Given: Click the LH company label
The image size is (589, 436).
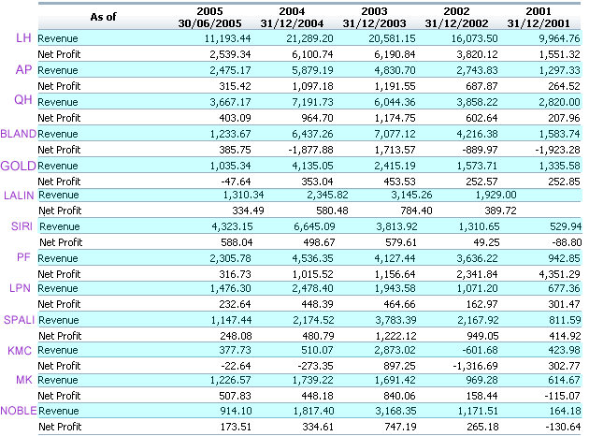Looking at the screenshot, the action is [x=23, y=38].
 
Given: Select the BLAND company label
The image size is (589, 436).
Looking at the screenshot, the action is [x=19, y=134].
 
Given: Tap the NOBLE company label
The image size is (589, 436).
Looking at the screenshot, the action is [x=19, y=411].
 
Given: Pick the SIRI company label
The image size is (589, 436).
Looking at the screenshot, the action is [x=22, y=226].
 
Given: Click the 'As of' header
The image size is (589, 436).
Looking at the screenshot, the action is [x=103, y=17].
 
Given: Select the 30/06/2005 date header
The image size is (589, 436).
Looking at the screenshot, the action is [x=209, y=23].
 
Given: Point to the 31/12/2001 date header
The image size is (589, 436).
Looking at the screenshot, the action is [x=539, y=23].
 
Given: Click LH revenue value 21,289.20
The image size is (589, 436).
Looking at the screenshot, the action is [x=309, y=38].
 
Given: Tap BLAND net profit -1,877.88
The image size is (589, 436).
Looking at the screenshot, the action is [x=310, y=150].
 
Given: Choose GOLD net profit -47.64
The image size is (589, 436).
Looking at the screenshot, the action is [x=236, y=182].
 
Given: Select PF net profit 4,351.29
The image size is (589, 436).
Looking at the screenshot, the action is [x=560, y=274].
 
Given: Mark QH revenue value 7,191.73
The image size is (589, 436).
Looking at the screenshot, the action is [x=312, y=102].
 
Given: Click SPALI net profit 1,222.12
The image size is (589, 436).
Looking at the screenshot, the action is [x=395, y=336].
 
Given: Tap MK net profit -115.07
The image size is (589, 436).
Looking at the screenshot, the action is [x=564, y=396].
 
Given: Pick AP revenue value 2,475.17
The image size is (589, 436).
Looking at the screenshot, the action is [x=230, y=70].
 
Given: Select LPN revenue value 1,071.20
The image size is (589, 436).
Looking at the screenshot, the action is [x=477, y=288].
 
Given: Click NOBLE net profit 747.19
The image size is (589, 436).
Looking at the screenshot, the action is [x=401, y=427].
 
